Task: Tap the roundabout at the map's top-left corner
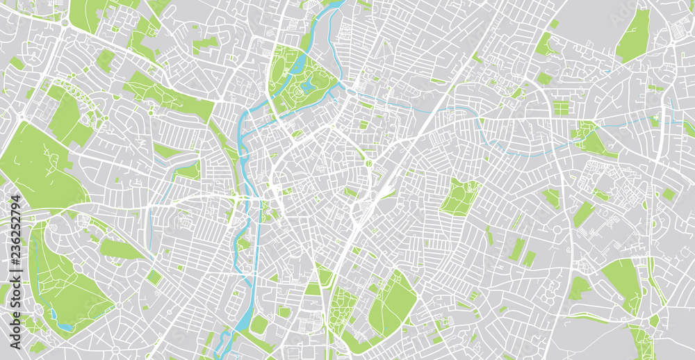(x=65, y=23)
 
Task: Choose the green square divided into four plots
(x=560, y=108)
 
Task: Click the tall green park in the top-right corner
(x=633, y=36)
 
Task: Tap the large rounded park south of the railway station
(x=393, y=302)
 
